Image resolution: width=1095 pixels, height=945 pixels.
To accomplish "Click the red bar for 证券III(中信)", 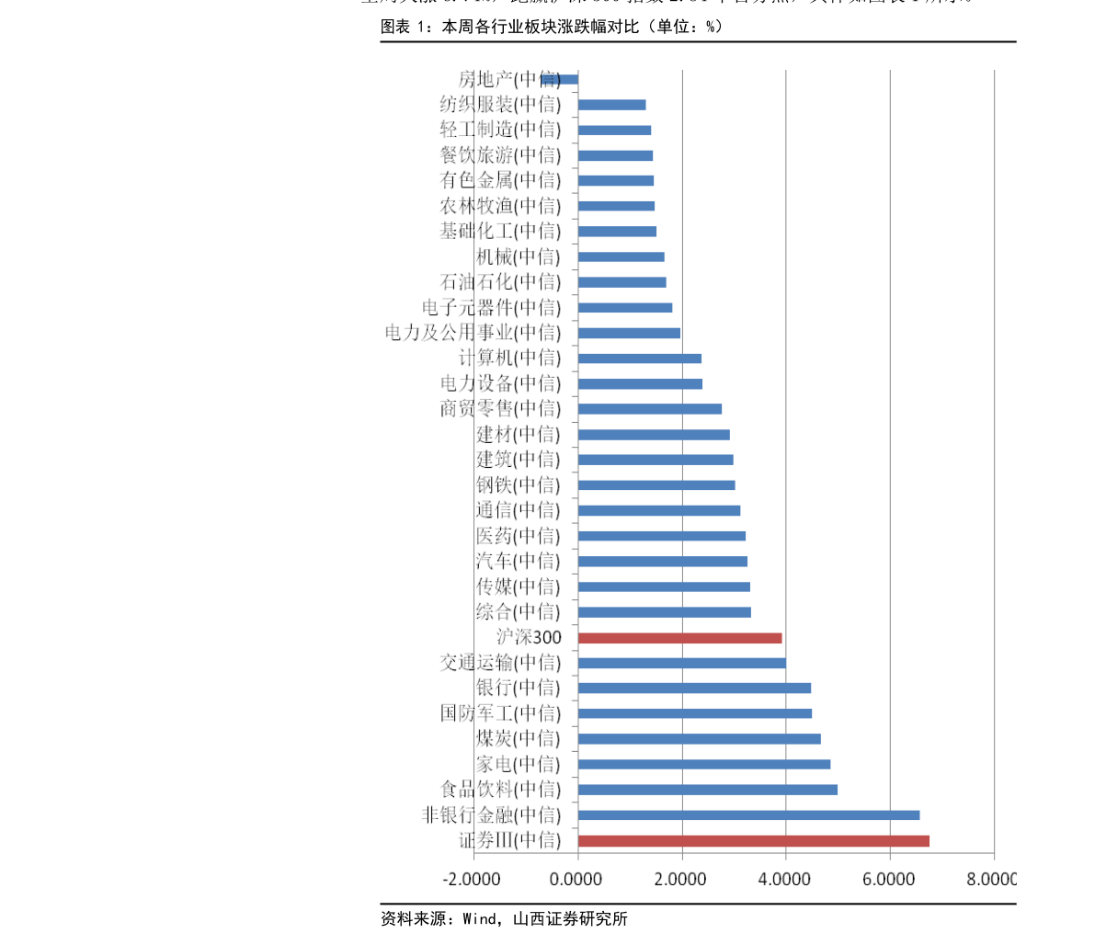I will point(753,840).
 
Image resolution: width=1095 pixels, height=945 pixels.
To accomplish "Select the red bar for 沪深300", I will point(679,637).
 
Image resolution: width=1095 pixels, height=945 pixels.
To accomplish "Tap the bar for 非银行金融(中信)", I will point(748,814).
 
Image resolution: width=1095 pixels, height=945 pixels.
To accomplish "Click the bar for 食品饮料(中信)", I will point(707,789).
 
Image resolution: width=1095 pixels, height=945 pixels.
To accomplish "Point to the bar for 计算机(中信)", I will point(639,358).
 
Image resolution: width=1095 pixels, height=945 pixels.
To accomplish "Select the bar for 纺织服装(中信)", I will point(611,105).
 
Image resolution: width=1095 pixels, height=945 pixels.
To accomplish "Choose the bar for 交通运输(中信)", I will point(681,663).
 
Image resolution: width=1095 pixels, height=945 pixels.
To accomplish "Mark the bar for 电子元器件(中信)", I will point(624,307).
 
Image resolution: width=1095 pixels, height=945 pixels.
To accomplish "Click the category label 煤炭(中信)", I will point(518,738).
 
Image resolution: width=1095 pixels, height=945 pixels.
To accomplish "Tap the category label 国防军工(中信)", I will point(500,713).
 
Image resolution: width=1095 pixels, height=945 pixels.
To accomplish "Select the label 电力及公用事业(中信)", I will point(473,332).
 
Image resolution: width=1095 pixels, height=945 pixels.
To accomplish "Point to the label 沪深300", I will point(529,637).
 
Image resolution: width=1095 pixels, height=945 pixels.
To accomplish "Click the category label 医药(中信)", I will point(518,535).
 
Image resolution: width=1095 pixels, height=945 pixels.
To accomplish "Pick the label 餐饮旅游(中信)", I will point(500,155).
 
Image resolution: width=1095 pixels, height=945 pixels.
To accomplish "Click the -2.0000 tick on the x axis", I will point(471,879).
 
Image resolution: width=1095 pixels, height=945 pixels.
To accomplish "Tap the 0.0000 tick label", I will point(576,879).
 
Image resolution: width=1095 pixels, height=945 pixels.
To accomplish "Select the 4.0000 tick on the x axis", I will point(784,879).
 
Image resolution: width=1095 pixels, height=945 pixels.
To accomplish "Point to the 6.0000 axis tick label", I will point(888,879).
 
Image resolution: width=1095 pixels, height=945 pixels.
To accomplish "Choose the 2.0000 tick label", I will point(680,879).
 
